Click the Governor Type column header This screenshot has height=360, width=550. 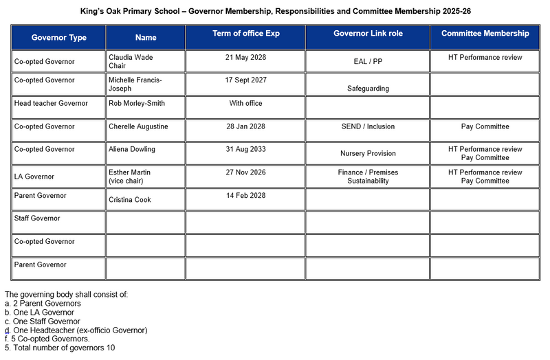[x=58, y=38]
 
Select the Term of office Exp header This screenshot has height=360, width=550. [x=246, y=34]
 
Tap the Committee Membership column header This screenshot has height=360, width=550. [x=485, y=34]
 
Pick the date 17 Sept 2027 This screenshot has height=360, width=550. [x=245, y=80]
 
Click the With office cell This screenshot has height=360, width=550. [x=245, y=104]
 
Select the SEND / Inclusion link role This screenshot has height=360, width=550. [x=368, y=127]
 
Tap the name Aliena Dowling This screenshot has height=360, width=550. [x=132, y=150]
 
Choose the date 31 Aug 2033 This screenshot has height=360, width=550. [x=245, y=150]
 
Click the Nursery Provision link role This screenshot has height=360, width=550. [x=368, y=154]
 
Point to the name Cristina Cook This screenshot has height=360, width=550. [x=130, y=200]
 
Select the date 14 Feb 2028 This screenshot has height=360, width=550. [x=245, y=196]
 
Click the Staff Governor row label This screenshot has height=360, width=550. [x=37, y=218]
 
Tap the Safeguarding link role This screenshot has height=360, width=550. [x=368, y=89]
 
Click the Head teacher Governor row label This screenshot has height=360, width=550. [x=51, y=104]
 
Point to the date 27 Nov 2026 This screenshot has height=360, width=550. [x=245, y=172]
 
